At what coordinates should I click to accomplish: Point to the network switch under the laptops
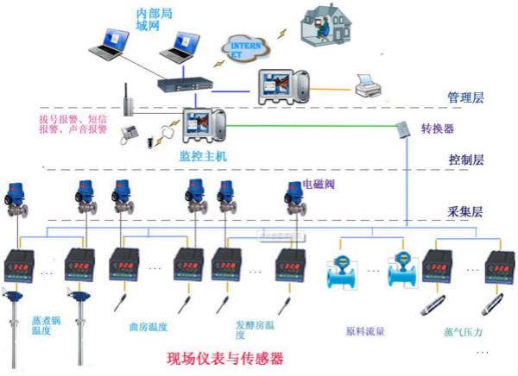[x=183, y=84]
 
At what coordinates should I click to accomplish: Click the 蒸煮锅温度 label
[x=47, y=325]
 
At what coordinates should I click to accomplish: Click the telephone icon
[x=131, y=133]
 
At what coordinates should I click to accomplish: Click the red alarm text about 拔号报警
[x=73, y=124]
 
